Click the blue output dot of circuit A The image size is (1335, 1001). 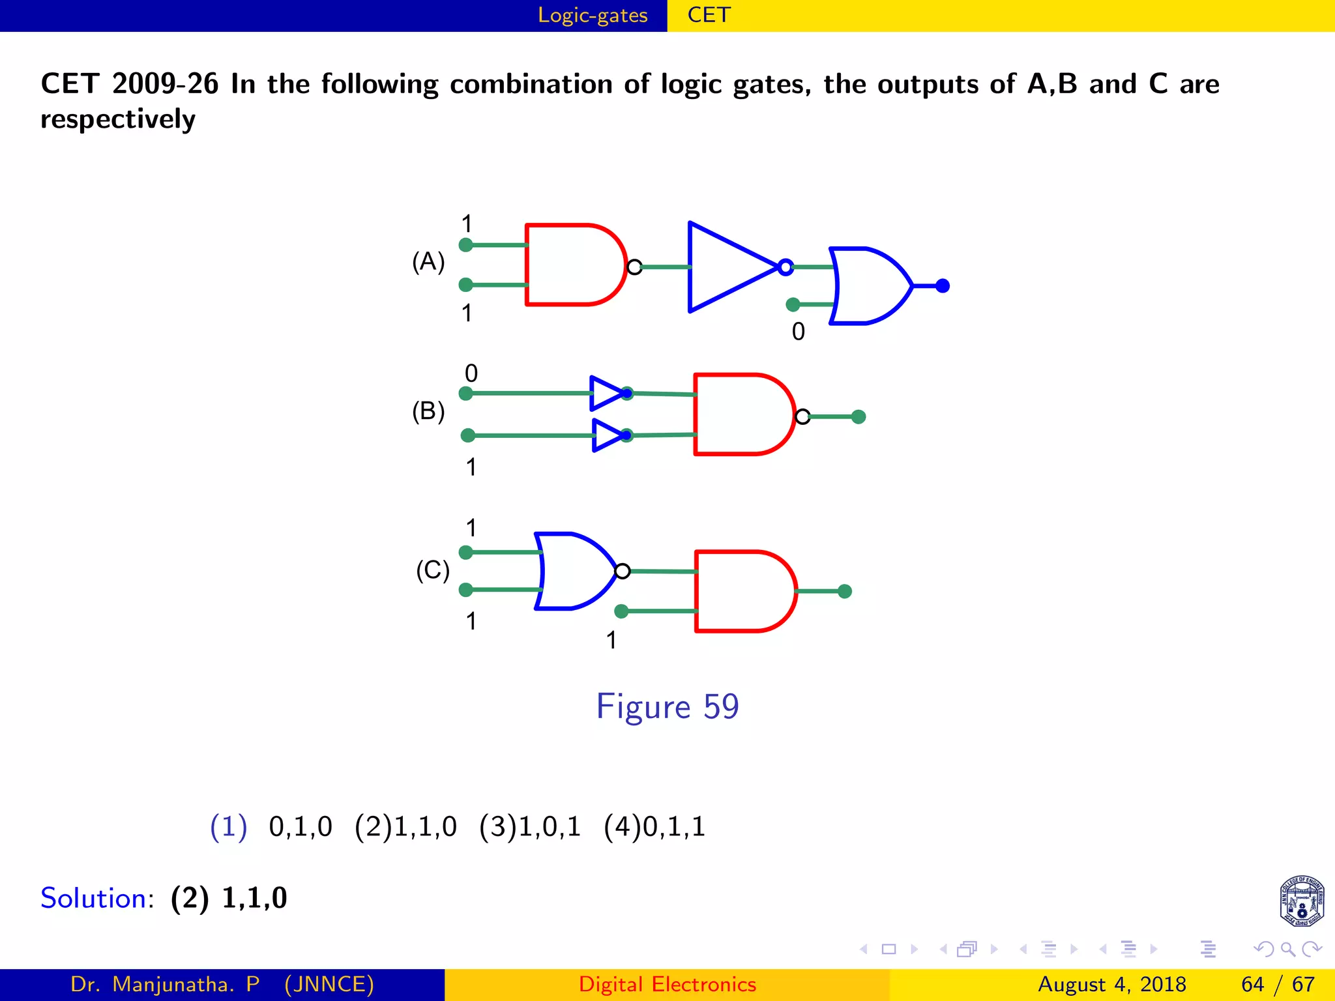pyautogui.click(x=943, y=285)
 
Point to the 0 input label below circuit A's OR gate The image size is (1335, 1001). pyautogui.click(x=799, y=332)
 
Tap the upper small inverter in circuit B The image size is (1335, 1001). pyautogui.click(x=606, y=393)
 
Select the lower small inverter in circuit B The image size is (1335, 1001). pyautogui.click(x=608, y=435)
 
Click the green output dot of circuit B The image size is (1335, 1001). pyautogui.click(x=859, y=416)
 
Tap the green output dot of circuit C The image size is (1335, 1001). pyautogui.click(x=845, y=591)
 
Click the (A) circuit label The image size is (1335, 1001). pyautogui.click(x=428, y=262)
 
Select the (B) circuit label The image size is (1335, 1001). pyautogui.click(x=428, y=412)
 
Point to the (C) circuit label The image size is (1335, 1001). pyautogui.click(x=433, y=571)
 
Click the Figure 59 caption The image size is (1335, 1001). pyautogui.click(x=667, y=706)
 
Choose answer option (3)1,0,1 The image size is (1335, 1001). pyautogui.click(x=529, y=827)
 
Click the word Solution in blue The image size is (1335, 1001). pyautogui.click(x=94, y=898)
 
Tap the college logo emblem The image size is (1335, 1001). pyautogui.click(x=1302, y=901)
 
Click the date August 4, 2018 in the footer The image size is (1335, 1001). pyautogui.click(x=1111, y=984)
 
